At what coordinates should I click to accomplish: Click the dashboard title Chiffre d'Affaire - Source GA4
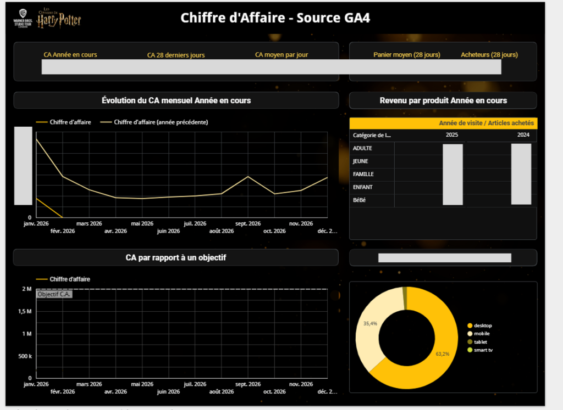pyautogui.click(x=275, y=18)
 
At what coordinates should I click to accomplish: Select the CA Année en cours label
pyautogui.click(x=70, y=55)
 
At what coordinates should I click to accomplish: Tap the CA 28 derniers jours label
pyautogui.click(x=176, y=55)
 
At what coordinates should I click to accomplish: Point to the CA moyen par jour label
pyautogui.click(x=281, y=55)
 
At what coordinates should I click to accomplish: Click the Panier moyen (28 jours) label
pyautogui.click(x=406, y=55)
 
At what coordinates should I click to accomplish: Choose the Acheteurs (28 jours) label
pyautogui.click(x=489, y=55)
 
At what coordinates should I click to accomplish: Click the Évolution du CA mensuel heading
pyautogui.click(x=176, y=100)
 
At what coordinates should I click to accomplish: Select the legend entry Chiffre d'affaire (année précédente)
pyautogui.click(x=161, y=122)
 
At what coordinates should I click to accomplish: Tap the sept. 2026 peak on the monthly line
pyautogui.click(x=248, y=177)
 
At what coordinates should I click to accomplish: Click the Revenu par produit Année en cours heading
pyautogui.click(x=443, y=100)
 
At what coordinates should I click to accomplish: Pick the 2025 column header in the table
pyautogui.click(x=452, y=135)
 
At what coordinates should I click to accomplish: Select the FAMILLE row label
pyautogui.click(x=363, y=175)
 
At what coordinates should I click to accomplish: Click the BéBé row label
pyautogui.click(x=360, y=200)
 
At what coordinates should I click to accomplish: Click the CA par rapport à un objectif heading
pyautogui.click(x=176, y=257)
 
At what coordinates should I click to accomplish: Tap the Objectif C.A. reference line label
pyautogui.click(x=54, y=294)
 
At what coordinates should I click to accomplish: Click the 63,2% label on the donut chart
pyautogui.click(x=443, y=354)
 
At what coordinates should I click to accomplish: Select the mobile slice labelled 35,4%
pyautogui.click(x=370, y=324)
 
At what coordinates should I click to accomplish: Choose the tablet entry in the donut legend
pyautogui.click(x=481, y=341)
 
